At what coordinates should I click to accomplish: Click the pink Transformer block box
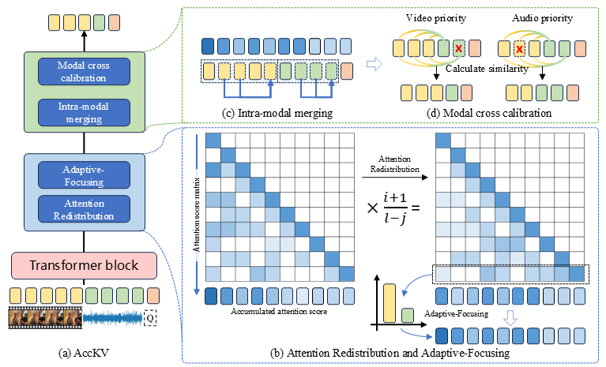tap(85, 264)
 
